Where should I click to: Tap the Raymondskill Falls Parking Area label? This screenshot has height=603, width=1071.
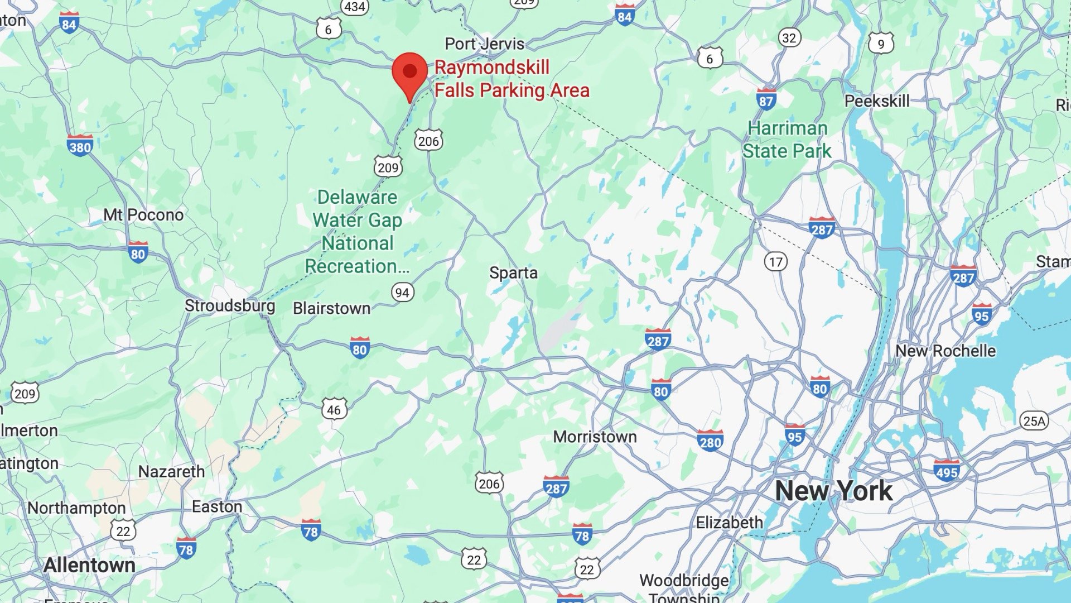[512, 79]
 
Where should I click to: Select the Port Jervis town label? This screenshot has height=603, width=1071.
[484, 44]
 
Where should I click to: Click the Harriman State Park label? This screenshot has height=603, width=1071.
[787, 140]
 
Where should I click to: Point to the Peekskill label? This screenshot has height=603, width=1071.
[876, 101]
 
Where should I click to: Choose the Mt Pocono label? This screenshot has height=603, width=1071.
[143, 215]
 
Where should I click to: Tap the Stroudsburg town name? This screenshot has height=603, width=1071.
[230, 306]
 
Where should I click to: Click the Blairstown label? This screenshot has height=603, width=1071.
[331, 308]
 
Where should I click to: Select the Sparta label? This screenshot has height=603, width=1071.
[513, 273]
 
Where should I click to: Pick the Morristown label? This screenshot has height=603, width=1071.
[595, 437]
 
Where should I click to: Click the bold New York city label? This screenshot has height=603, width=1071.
[833, 491]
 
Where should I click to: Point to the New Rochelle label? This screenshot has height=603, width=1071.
[945, 351]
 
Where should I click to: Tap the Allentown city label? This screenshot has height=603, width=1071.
[89, 565]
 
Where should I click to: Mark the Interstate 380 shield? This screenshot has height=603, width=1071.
[80, 145]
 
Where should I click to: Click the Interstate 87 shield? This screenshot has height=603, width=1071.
[766, 99]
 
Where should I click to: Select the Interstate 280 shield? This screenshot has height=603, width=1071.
[710, 441]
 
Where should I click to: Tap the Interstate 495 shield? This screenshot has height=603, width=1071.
[947, 470]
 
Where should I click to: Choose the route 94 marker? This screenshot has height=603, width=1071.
[402, 292]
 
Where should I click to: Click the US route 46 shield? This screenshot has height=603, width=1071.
[334, 409]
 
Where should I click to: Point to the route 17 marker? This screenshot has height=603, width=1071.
[775, 261]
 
